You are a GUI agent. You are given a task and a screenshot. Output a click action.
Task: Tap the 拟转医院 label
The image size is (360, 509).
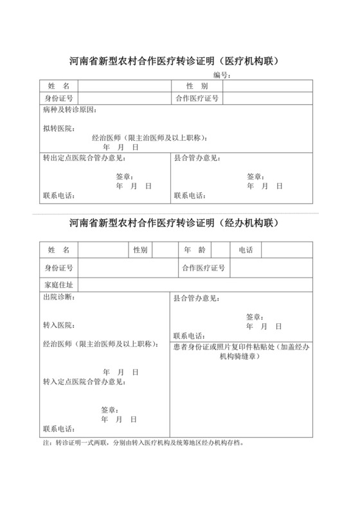pyautogui.click(x=58, y=129)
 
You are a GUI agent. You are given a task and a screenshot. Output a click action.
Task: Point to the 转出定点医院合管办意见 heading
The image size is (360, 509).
pyautogui.click(x=84, y=157)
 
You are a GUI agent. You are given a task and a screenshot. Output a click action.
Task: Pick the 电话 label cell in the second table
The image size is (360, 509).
pyautogui.click(x=246, y=249)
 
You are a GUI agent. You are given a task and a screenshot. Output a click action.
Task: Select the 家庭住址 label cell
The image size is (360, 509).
pyautogui.click(x=58, y=284)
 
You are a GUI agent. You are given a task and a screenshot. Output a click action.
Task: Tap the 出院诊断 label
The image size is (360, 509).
pyautogui.click(x=58, y=298)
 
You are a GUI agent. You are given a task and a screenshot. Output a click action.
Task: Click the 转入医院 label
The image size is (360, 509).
pyautogui.click(x=58, y=325)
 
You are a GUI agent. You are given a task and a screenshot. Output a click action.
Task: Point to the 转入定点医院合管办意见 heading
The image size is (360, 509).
pyautogui.click(x=84, y=382)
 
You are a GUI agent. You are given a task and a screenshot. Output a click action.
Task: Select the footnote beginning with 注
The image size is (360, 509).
pyautogui.click(x=143, y=443)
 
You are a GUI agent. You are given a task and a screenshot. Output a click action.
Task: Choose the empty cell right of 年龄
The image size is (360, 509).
pyautogui.click(x=221, y=249)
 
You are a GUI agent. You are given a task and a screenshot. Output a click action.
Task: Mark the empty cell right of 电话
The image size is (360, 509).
pyautogui.click(x=287, y=249)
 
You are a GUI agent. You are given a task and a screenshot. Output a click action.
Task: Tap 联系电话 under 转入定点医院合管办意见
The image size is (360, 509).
pyautogui.click(x=58, y=429)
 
